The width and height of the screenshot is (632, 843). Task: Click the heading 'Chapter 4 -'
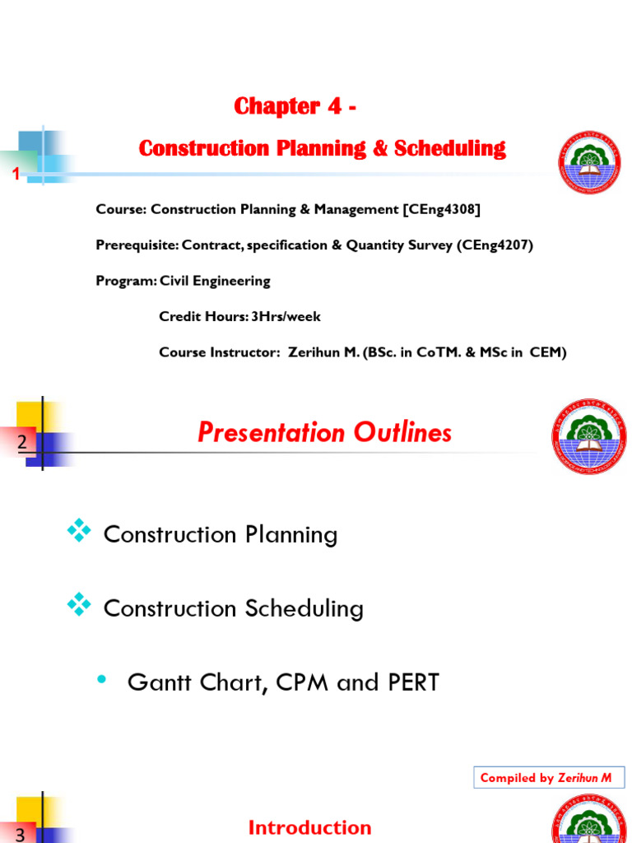pos(295,106)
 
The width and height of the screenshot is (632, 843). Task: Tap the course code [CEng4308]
pos(441,209)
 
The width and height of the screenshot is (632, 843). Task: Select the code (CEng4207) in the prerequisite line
pos(495,245)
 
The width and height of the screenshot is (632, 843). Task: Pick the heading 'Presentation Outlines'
pos(324,432)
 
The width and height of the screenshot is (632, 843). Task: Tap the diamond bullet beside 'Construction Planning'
pos(80,533)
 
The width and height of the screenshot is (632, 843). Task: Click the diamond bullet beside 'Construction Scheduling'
pos(80,607)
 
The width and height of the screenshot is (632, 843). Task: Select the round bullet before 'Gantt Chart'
pos(102,680)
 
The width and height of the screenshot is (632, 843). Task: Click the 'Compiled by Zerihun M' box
pos(546,778)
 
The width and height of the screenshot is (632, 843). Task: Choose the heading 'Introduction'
pos(309,827)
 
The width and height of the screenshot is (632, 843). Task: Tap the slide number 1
pos(14,174)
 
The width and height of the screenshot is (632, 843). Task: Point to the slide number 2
pos(21,443)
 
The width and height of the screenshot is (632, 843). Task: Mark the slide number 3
pos(21,835)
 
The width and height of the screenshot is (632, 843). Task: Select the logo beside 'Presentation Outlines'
pos(588,436)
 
